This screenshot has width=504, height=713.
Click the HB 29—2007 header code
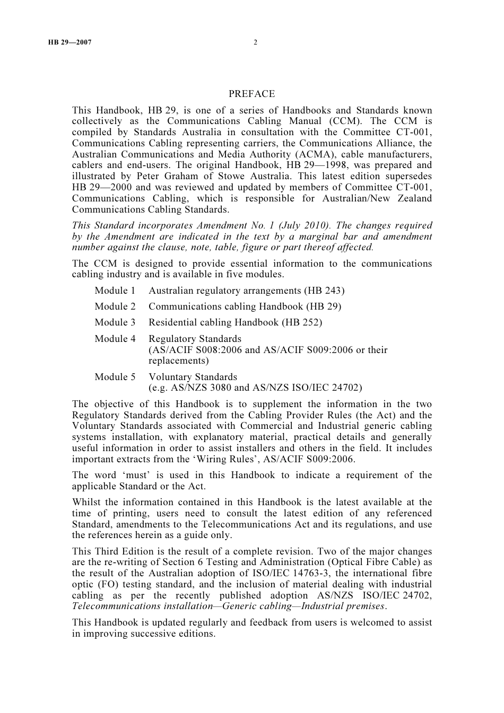(x=69, y=42)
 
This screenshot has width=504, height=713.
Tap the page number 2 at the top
(x=255, y=42)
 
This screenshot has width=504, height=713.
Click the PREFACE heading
(x=251, y=94)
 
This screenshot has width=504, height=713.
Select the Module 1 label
(x=115, y=291)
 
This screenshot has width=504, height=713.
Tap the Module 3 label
(x=115, y=322)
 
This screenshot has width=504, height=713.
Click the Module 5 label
(x=115, y=377)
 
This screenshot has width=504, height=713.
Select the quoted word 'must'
(x=133, y=475)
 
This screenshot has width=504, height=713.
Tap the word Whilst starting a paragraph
(x=86, y=502)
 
